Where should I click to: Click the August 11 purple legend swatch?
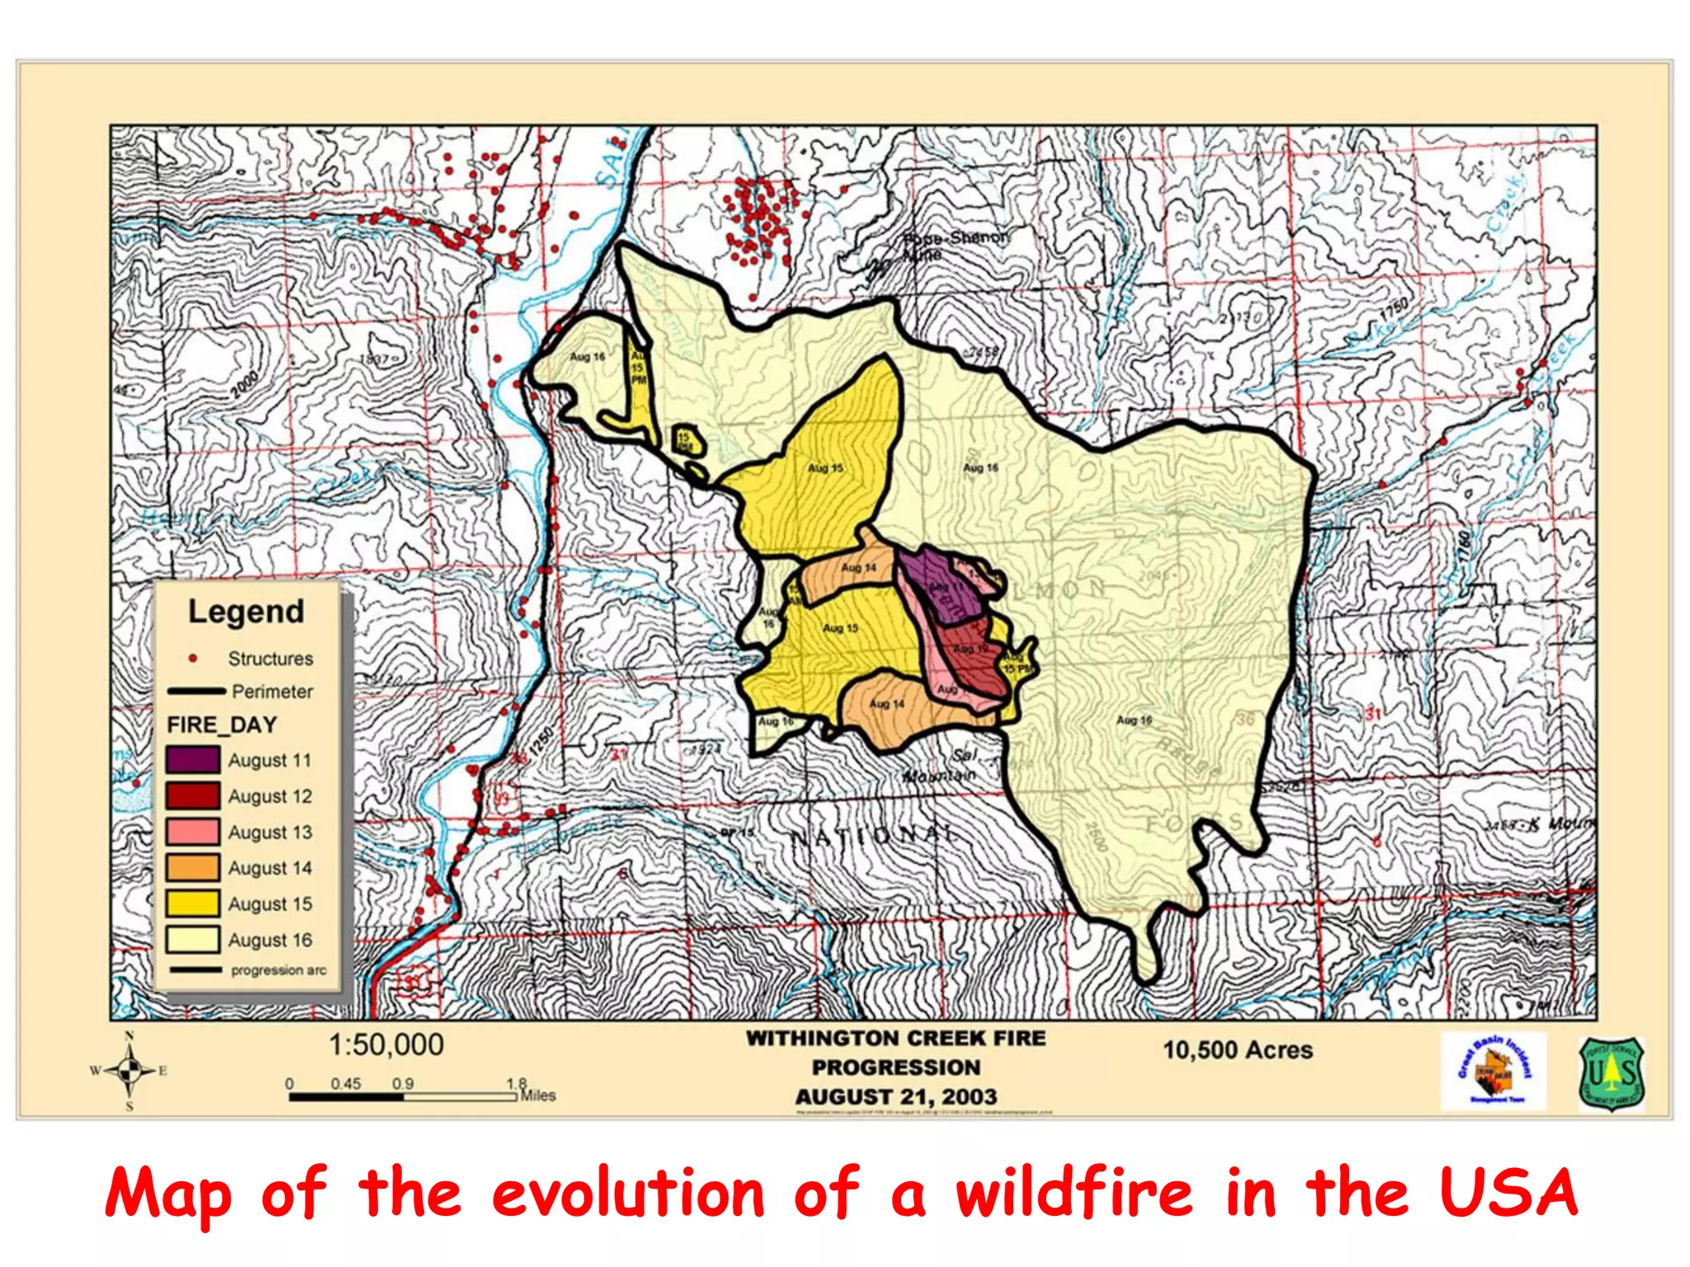coord(192,759)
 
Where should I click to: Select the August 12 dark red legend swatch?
coord(192,795)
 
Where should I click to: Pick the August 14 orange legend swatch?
coord(192,867)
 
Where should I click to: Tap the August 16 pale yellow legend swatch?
coord(192,939)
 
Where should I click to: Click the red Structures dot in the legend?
coord(193,658)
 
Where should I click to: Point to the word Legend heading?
coord(246,612)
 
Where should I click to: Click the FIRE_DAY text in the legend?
coord(222,725)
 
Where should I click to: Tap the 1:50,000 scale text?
coord(386,1045)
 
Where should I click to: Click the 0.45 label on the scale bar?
coord(346,1083)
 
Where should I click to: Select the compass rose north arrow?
coord(130,1071)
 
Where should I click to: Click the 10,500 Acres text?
coord(1238,1050)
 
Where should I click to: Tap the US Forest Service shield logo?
coord(1612,1074)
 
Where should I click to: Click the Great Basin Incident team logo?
coord(1494,1072)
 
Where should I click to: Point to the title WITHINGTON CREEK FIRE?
coord(896,1039)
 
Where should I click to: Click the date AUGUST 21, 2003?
coord(896,1097)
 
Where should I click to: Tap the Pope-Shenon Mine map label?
coord(955,244)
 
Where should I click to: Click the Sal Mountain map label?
coord(941,766)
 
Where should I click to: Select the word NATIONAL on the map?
coord(875,835)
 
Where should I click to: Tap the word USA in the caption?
coord(1509,1194)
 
